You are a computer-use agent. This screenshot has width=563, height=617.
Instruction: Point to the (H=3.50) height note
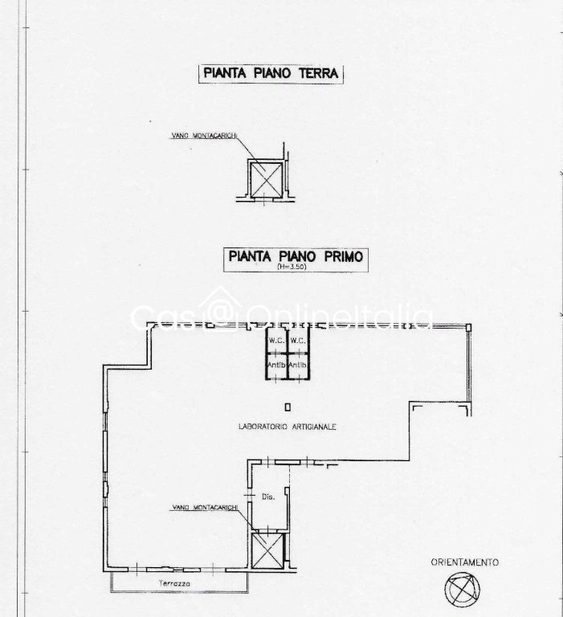pyautogui.click(x=292, y=267)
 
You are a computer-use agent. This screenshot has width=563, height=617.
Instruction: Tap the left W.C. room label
pyautogui.click(x=276, y=341)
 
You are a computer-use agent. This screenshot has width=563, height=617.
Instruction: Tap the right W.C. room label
pyautogui.click(x=298, y=341)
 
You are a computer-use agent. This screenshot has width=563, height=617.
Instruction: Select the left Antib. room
pyautogui.click(x=276, y=366)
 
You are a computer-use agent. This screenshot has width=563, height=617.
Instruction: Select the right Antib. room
pyautogui.click(x=298, y=366)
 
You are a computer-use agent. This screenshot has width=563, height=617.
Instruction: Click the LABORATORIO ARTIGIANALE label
pyautogui.click(x=288, y=427)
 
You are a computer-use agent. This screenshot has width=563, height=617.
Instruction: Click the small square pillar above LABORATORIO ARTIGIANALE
pyautogui.click(x=288, y=407)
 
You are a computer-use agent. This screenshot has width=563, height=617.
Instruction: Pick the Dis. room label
pyautogui.click(x=268, y=497)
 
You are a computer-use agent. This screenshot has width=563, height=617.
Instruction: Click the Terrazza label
pyautogui.click(x=175, y=583)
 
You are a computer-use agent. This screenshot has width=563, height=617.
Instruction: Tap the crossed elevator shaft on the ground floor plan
pyautogui.click(x=267, y=180)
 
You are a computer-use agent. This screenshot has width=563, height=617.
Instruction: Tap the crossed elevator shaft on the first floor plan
pyautogui.click(x=267, y=551)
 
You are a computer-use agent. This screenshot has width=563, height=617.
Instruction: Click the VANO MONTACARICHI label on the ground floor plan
pyautogui.click(x=204, y=136)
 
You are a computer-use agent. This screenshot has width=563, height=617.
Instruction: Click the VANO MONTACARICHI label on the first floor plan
pyautogui.click(x=205, y=508)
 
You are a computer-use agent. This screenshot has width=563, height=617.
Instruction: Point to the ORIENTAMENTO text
pyautogui.click(x=465, y=562)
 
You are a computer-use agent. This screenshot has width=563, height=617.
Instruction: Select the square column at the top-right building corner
pyautogui.click(x=468, y=328)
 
